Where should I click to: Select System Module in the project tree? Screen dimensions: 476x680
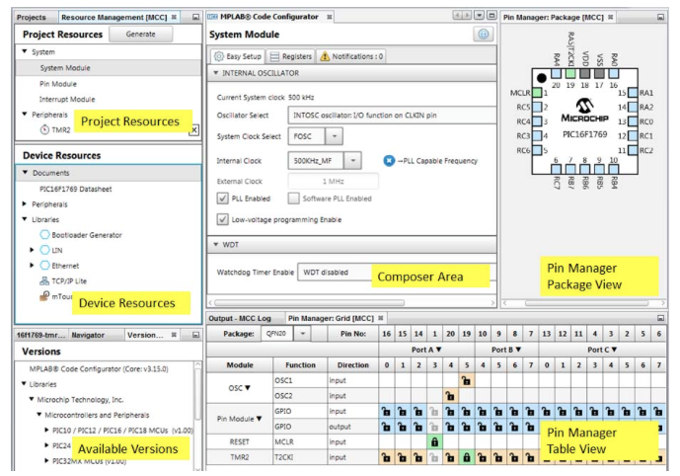65,68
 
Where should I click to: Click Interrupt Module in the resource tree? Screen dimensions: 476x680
67,100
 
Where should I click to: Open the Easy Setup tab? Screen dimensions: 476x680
238,56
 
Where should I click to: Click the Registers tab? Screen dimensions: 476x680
291,56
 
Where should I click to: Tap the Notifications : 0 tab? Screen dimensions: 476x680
350,56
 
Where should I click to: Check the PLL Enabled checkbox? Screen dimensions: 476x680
223,198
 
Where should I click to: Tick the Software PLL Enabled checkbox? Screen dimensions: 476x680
294,198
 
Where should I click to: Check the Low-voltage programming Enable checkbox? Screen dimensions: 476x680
223,219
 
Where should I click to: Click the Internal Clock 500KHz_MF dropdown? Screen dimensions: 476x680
353,160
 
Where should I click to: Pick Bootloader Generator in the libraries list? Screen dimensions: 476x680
87,235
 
